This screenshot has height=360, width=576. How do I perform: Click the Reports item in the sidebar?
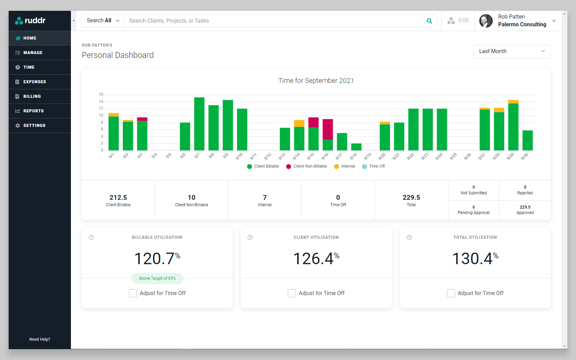click(x=33, y=111)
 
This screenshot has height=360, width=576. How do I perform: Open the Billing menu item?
click(x=32, y=96)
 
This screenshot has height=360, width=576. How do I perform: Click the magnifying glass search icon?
click(x=429, y=21)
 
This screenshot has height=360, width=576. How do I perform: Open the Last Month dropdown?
click(x=512, y=51)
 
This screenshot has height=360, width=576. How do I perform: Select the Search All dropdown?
click(x=102, y=21)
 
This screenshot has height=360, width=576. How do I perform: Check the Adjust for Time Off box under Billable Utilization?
click(x=133, y=293)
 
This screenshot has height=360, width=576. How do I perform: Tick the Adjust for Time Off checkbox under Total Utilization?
click(x=451, y=293)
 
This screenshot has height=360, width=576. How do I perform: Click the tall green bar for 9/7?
click(x=199, y=124)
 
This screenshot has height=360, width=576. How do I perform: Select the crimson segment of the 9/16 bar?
click(x=328, y=129)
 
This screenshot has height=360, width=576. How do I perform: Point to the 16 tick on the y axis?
click(x=101, y=94)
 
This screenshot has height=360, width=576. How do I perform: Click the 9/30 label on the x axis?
click(x=525, y=156)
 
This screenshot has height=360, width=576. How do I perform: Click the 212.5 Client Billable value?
click(x=118, y=197)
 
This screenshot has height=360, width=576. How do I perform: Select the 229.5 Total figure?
click(x=411, y=197)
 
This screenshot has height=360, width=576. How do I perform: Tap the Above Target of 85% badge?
click(x=157, y=278)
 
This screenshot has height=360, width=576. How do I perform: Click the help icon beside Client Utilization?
click(x=250, y=237)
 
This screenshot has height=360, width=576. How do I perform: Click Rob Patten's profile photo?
click(x=486, y=21)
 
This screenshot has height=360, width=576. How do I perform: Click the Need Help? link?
click(x=40, y=339)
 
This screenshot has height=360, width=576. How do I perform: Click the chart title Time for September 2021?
click(x=316, y=81)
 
